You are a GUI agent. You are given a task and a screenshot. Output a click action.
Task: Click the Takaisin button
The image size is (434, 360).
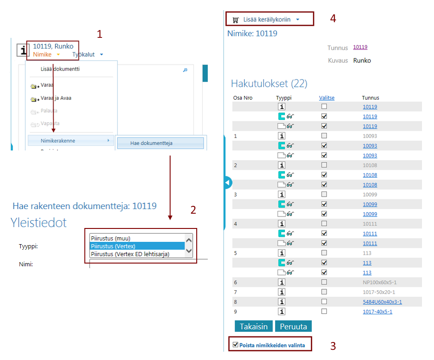pos(253,326)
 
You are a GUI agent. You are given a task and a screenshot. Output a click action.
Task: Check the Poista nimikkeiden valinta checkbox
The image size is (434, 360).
pos(236,345)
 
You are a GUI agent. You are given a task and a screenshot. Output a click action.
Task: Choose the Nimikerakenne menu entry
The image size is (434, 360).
pos(58,140)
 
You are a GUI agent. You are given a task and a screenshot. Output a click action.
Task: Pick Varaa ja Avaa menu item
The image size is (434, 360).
pos(56,98)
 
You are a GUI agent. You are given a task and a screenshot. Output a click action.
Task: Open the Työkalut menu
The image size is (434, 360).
pos(88,54)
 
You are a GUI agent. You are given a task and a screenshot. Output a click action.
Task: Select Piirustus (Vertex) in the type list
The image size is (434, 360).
pos(137,246)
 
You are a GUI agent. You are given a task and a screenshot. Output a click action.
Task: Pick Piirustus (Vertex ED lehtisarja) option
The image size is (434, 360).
pos(137,254)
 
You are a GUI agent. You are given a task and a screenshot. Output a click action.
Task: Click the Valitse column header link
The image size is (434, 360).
pos(326,98)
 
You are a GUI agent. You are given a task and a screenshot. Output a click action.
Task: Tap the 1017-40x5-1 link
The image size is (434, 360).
pos(377,312)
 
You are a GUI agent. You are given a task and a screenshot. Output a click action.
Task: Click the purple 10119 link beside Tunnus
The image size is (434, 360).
pos(360,47)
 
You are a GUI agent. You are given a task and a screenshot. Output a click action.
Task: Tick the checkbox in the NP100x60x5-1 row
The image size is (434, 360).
pos(324,282)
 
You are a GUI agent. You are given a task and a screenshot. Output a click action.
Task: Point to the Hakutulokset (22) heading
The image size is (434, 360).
pos(269,84)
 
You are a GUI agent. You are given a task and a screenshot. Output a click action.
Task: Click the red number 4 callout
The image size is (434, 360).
pos(333,19)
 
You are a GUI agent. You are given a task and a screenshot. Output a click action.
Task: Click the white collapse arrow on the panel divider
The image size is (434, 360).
pos(227,182)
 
